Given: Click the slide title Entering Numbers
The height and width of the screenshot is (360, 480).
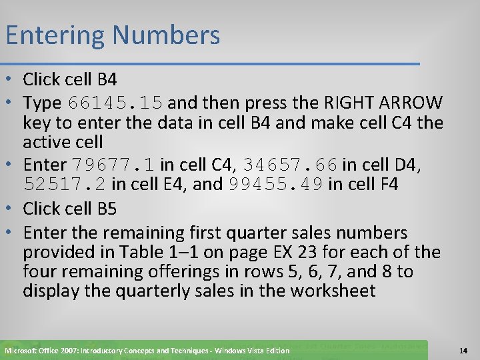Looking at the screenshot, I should (112, 35).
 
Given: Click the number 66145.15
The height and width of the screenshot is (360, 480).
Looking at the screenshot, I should (115, 103).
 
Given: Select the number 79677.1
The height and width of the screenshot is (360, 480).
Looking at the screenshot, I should (113, 165).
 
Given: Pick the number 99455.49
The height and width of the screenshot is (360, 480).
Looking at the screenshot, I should (275, 184).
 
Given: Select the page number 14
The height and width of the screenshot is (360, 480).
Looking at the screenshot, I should (464, 350).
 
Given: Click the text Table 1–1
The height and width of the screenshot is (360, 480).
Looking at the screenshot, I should (147, 252).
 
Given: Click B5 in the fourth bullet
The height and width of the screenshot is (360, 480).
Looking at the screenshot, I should (107, 209).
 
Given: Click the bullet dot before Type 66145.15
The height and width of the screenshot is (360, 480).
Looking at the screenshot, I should (13, 103).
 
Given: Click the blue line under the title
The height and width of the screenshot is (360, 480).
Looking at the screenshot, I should (210, 64).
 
